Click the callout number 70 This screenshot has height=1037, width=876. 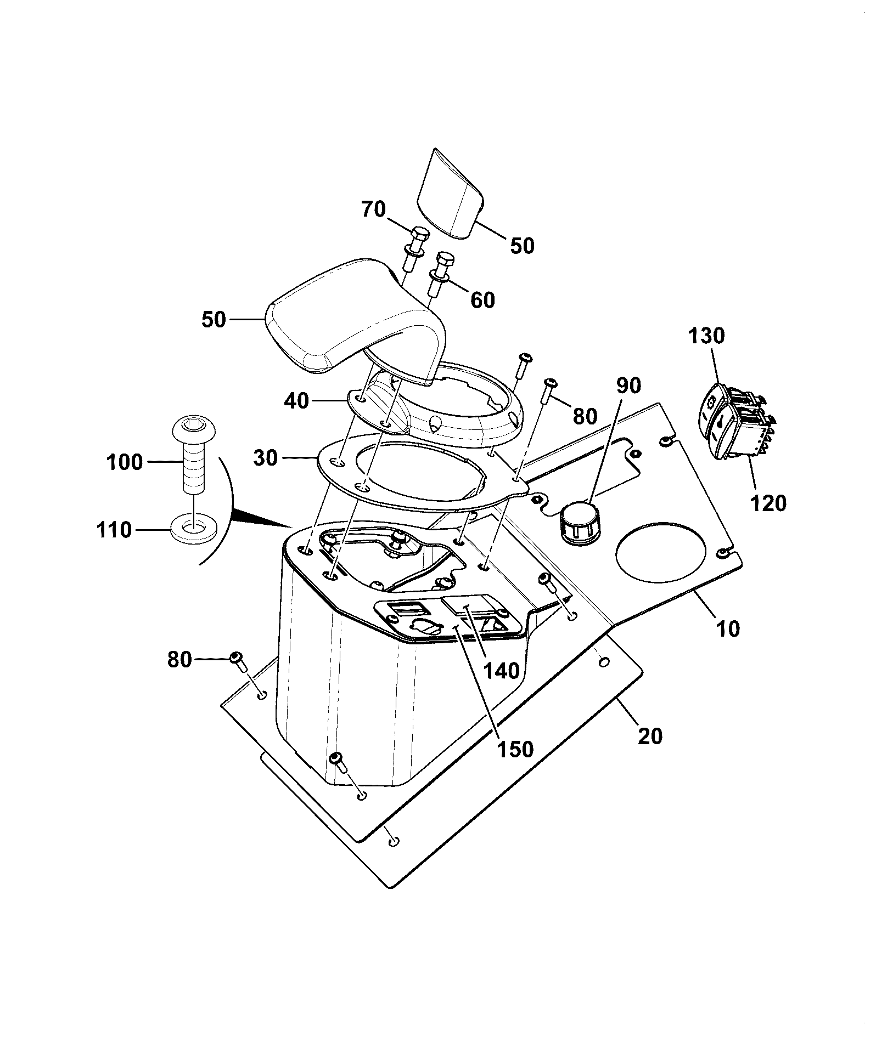[374, 209]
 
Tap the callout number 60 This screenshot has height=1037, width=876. [482, 300]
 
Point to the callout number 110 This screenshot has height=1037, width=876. [114, 530]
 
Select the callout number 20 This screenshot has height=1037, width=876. [650, 736]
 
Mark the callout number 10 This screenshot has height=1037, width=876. [728, 629]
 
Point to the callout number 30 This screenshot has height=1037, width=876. [266, 457]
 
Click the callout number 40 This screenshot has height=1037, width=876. [297, 401]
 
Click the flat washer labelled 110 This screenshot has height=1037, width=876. [194, 528]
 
